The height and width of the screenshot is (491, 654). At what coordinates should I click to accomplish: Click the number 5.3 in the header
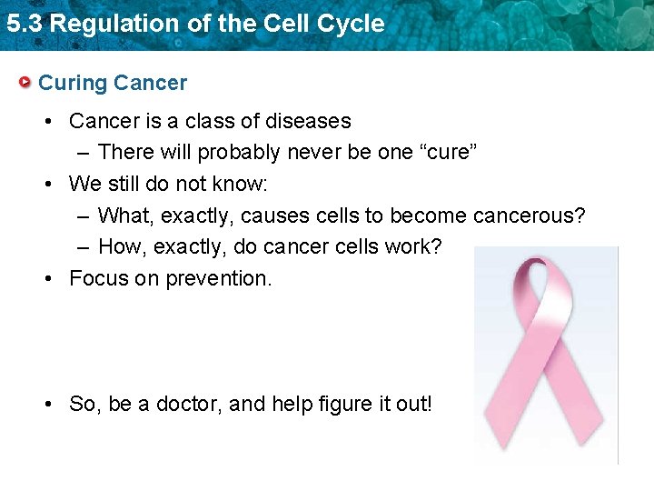pos(25,24)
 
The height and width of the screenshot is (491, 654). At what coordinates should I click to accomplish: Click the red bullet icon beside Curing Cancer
pos(26,84)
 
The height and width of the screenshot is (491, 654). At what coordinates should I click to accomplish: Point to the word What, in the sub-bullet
pos(126,215)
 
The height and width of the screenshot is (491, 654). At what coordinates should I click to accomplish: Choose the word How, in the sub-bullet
pos(124,246)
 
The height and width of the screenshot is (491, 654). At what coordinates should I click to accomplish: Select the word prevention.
pos(218,278)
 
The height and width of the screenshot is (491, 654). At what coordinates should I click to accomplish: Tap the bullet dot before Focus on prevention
pos(51,279)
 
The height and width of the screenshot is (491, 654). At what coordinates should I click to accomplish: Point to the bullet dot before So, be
pos(51,405)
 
